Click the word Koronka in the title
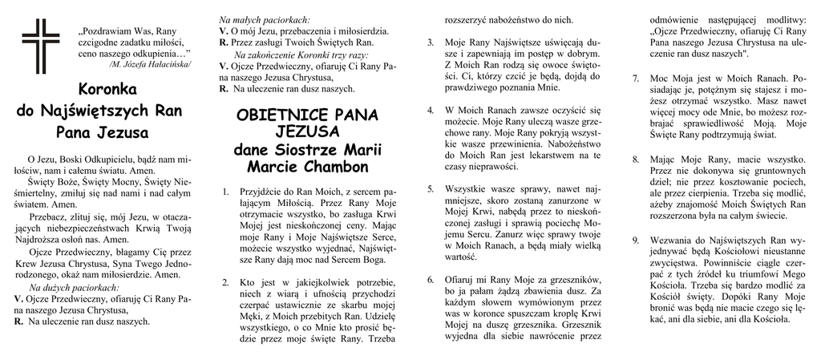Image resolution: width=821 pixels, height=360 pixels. coord(108,89)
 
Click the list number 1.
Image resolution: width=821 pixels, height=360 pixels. coord(225,192)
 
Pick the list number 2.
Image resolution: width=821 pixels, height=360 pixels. coord(225,281)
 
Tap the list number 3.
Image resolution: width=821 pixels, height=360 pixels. coord(431,42)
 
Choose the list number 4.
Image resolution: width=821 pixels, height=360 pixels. coord(431,109)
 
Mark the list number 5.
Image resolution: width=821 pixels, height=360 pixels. coord(431,188)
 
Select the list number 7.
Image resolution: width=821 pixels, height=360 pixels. coord(636,79)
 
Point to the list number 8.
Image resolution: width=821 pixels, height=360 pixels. coord(636,159)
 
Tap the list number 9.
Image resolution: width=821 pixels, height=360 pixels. coord(636,239)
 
